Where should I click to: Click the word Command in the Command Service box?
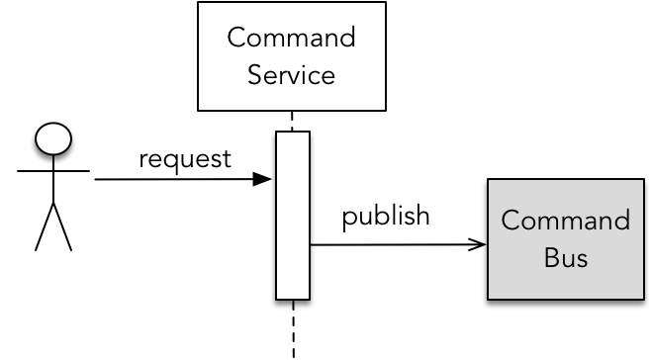pyautogui.click(x=292, y=37)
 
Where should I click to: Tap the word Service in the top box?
pyautogui.click(x=292, y=75)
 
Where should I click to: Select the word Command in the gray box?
pyautogui.click(x=566, y=220)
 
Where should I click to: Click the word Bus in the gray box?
pyautogui.click(x=566, y=257)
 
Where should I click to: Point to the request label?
pyautogui.click(x=185, y=159)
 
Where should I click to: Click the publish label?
pyautogui.click(x=386, y=216)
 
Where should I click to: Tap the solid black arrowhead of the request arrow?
pyautogui.click(x=262, y=179)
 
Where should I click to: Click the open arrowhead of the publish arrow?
pyautogui.click(x=477, y=244)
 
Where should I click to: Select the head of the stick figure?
pyautogui.click(x=53, y=138)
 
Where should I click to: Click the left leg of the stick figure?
pyautogui.click(x=45, y=226)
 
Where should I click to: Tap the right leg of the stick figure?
pyautogui.click(x=62, y=226)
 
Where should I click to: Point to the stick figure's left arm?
pyautogui.click(x=36, y=171)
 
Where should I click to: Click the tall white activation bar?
pyautogui.click(x=293, y=215)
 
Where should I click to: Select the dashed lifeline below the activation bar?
pyautogui.click(x=293, y=329)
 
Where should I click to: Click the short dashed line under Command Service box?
pyautogui.click(x=292, y=121)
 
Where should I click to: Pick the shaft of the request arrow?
pyautogui.click(x=174, y=179)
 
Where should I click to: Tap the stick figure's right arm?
pyautogui.click(x=72, y=171)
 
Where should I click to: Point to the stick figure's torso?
pyautogui.click(x=53, y=179)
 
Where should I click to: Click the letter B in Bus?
pyautogui.click(x=551, y=257)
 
